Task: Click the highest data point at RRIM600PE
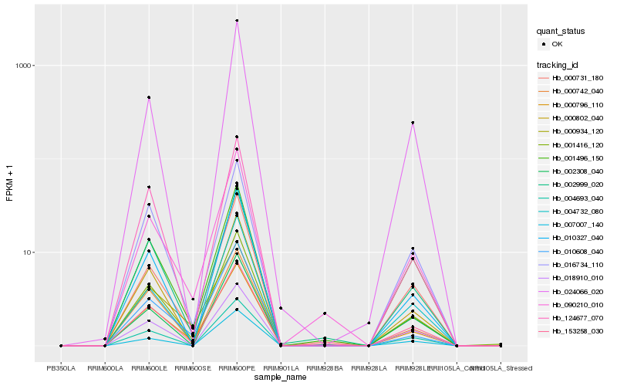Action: tap(237, 21)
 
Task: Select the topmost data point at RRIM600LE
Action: tap(149, 97)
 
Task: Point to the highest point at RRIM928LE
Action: tap(413, 123)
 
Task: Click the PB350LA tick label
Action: tap(61, 368)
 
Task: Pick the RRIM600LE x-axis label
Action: tap(149, 368)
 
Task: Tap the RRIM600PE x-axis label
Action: tap(237, 368)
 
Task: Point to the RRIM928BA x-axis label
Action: tap(325, 368)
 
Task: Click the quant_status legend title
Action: tap(561, 31)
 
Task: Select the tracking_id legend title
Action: tap(558, 64)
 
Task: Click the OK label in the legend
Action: tap(558, 44)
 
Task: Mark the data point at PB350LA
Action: tap(61, 346)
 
